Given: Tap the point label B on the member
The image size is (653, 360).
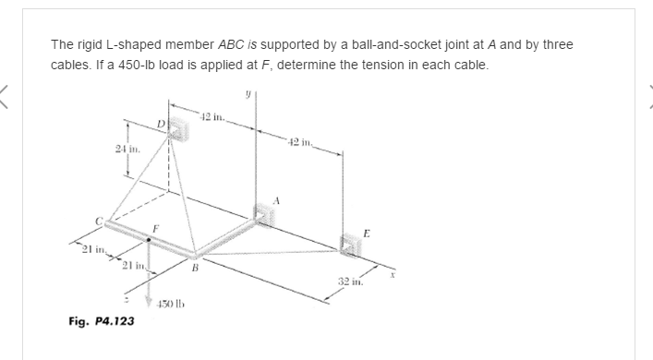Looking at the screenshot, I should (194, 270).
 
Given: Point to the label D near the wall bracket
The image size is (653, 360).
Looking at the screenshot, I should (160, 123).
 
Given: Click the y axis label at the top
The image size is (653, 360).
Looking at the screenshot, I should (248, 94).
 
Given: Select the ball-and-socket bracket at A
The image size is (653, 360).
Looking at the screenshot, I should (264, 214).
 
